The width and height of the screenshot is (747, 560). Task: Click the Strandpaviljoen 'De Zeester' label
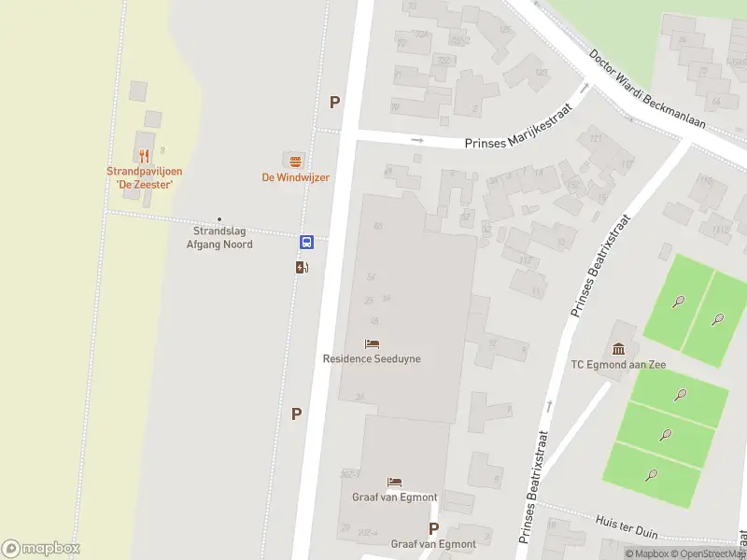click(144, 177)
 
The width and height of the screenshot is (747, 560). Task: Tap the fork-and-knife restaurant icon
click(144, 156)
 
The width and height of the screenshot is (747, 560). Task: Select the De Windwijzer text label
click(295, 177)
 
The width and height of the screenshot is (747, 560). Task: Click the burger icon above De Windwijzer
click(295, 161)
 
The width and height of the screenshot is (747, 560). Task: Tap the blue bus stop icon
click(306, 243)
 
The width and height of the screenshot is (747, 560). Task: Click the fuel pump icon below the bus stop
click(302, 267)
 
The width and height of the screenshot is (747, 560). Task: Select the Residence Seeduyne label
click(372, 358)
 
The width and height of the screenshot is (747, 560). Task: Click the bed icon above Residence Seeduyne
click(373, 343)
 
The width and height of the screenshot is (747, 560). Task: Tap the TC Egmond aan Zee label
click(618, 364)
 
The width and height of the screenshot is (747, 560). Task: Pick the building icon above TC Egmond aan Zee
click(619, 347)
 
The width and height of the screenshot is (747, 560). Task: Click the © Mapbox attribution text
click(647, 553)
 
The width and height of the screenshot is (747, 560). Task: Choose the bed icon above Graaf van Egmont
click(395, 483)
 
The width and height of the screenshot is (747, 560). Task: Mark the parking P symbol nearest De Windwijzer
click(334, 103)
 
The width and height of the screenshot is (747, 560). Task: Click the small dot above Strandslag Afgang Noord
click(220, 219)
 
